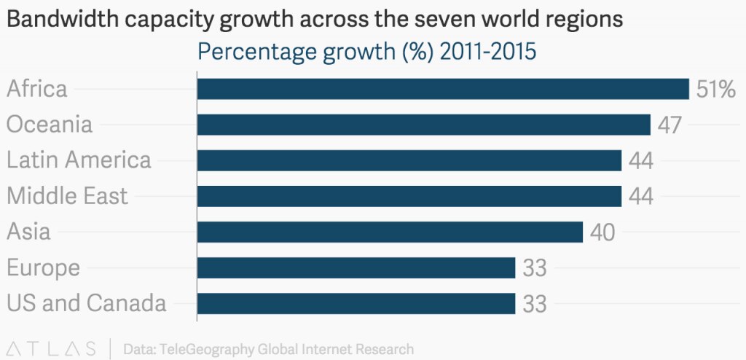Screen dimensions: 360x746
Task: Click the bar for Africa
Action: click(x=443, y=89)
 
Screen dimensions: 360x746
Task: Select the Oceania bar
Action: click(x=423, y=125)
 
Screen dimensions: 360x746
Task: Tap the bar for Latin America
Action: click(x=409, y=160)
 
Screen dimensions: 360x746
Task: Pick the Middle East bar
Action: click(x=409, y=196)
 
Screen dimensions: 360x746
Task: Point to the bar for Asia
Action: click(x=390, y=232)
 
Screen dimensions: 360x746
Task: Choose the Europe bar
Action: click(x=356, y=267)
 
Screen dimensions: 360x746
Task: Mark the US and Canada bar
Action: click(x=356, y=303)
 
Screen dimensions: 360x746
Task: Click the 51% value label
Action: click(x=716, y=90)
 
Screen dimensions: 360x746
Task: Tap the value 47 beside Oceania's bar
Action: click(x=670, y=125)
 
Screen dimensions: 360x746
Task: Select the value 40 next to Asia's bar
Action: click(x=602, y=232)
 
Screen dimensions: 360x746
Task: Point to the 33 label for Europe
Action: click(x=535, y=268)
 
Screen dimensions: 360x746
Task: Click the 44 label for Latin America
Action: click(x=640, y=161)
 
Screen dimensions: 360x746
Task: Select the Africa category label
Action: click(x=37, y=89)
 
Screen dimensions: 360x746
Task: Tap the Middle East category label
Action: click(x=67, y=196)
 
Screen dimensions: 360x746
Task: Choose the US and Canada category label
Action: click(x=87, y=303)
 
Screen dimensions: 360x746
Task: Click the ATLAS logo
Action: click(x=50, y=348)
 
